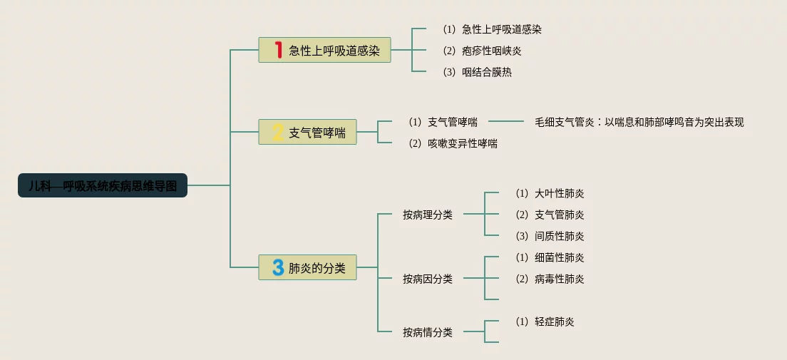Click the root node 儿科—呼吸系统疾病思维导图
pyautogui.click(x=103, y=185)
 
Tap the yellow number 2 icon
pyautogui.click(x=278, y=132)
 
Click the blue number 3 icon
pyautogui.click(x=278, y=267)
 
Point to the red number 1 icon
pyautogui.click(x=279, y=50)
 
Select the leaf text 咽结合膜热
pyautogui.click(x=486, y=72)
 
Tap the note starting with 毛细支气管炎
pyautogui.click(x=639, y=122)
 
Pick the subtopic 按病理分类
pyautogui.click(x=427, y=215)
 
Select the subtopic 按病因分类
pyautogui.click(x=427, y=279)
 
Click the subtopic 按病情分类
pyautogui.click(x=427, y=332)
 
